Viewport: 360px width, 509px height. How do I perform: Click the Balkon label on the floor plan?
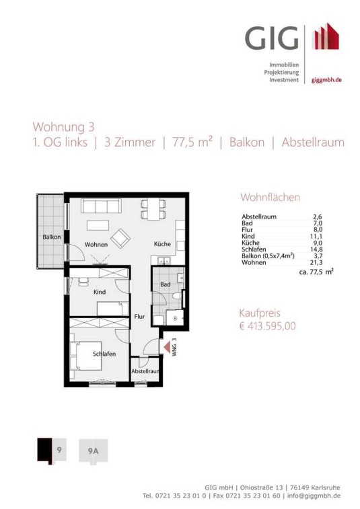click(52, 237)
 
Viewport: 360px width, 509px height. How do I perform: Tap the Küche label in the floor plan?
click(162, 244)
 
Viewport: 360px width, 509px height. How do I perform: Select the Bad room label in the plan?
click(166, 284)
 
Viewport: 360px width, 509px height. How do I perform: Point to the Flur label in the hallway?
click(139, 316)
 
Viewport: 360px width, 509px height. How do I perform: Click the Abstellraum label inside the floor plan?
click(145, 371)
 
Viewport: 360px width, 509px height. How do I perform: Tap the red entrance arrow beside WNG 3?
click(166, 348)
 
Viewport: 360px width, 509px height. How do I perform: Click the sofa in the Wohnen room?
click(101, 206)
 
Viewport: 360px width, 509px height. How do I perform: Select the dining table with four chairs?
click(153, 209)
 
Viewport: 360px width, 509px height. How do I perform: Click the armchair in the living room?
click(120, 238)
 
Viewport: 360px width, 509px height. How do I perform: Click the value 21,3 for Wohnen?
click(316, 262)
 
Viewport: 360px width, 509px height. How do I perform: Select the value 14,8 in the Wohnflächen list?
click(316, 249)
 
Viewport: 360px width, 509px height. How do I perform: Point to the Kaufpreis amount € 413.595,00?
click(267, 325)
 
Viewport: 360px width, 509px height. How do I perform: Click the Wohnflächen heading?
click(270, 197)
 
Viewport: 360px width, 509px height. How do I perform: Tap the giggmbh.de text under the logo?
click(326, 80)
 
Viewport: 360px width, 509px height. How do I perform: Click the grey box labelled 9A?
click(94, 451)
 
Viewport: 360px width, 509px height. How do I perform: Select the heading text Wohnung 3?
click(64, 126)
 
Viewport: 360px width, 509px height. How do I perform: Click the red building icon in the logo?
click(326, 36)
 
